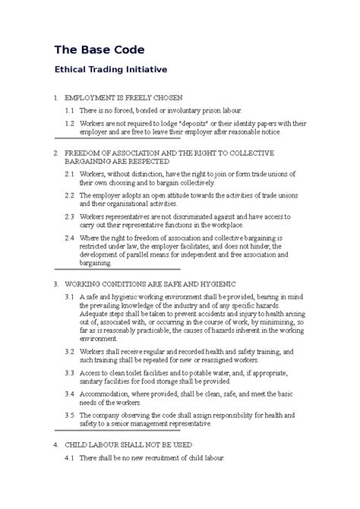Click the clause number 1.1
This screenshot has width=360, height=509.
click(x=69, y=111)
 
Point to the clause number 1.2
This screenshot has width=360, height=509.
click(x=69, y=122)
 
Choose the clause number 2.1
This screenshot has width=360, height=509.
click(x=69, y=174)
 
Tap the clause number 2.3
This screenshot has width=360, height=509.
click(x=69, y=216)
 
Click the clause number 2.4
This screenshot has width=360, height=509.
click(x=69, y=236)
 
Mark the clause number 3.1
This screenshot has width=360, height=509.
click(x=69, y=296)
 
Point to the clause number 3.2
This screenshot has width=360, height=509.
click(x=69, y=353)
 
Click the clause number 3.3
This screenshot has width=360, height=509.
click(x=69, y=373)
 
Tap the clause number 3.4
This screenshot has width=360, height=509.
click(x=69, y=394)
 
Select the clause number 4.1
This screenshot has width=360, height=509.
click(x=69, y=457)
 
